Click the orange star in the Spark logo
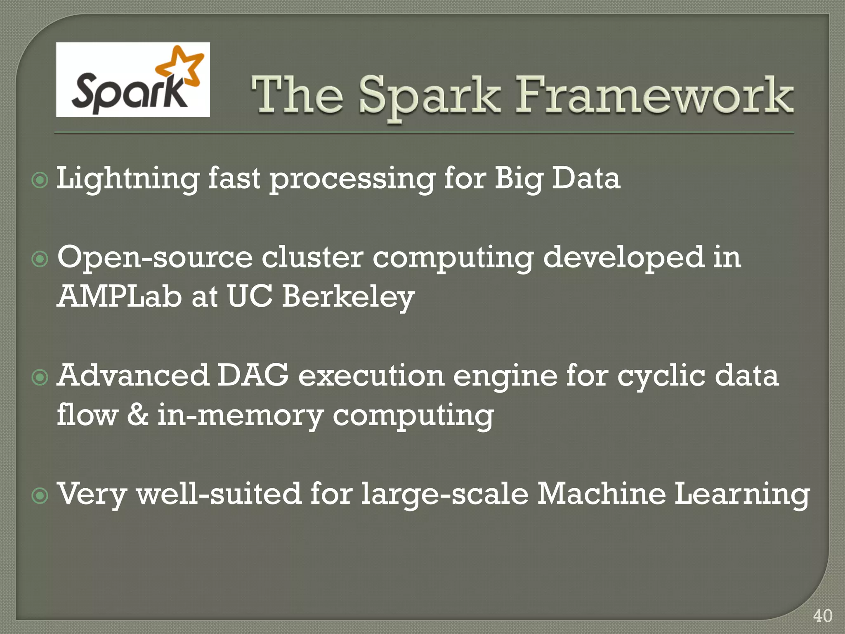[182, 66]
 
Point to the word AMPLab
[119, 296]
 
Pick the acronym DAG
[253, 376]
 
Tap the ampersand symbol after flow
[137, 415]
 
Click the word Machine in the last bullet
[601, 494]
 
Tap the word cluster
[313, 258]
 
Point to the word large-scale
[444, 494]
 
